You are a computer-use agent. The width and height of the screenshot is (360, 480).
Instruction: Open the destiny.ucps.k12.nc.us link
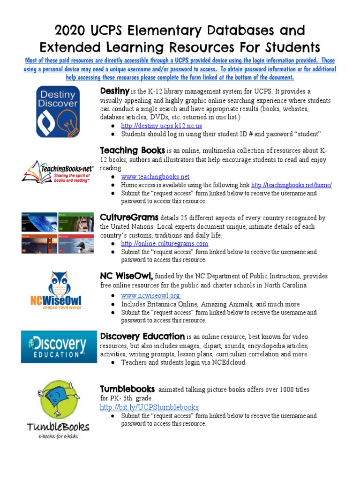(x=161, y=126)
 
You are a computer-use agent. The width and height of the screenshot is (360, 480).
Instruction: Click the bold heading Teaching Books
(x=132, y=150)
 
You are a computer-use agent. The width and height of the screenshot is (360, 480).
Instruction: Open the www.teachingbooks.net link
(x=155, y=177)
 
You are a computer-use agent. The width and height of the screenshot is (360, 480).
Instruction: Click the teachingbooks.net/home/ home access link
(x=291, y=185)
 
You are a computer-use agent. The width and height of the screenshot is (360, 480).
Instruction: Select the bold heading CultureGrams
(x=129, y=217)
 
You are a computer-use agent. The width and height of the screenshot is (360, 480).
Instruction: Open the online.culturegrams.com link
(x=165, y=244)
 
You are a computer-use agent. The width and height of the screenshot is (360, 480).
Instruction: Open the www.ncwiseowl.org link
(x=151, y=295)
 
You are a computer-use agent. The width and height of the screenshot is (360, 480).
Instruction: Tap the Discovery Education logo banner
(x=59, y=346)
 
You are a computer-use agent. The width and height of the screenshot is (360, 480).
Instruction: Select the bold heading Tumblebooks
(x=127, y=389)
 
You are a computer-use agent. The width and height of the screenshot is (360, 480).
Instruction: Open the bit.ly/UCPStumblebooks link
(x=149, y=407)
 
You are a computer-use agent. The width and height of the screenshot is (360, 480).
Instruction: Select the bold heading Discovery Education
(x=142, y=336)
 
